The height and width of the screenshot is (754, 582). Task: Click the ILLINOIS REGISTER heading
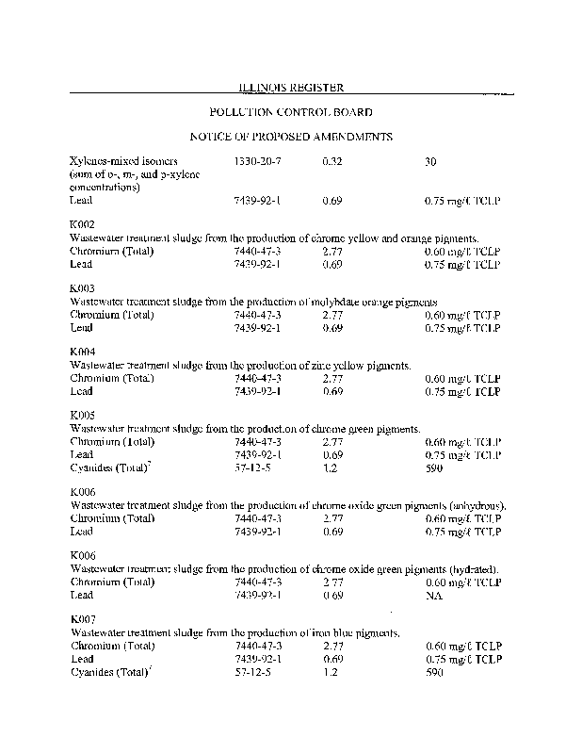pos(291,88)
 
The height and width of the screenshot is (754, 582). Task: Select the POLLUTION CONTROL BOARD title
pos(291,112)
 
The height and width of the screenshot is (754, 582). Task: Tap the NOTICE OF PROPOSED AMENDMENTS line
pos(291,137)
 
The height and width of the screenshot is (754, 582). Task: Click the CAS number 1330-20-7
pos(257,161)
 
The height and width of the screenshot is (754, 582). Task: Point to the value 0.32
pos(331,161)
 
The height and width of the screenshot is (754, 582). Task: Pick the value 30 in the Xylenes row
pos(430,161)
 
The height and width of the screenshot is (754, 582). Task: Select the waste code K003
pos(82,288)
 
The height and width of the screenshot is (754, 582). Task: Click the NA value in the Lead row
pos(434,595)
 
